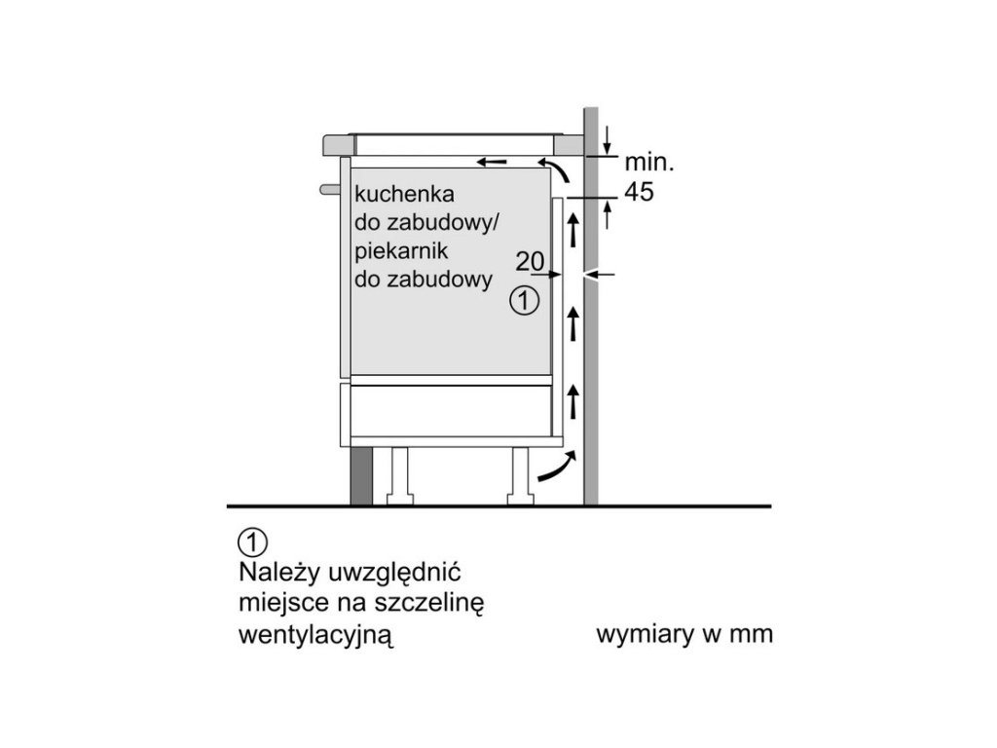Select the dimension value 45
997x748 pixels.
(x=639, y=192)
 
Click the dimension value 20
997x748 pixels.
(x=529, y=261)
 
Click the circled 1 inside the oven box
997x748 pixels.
(x=524, y=302)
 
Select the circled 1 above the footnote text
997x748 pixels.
(x=251, y=541)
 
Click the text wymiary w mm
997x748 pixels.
(x=683, y=635)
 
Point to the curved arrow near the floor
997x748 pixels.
(x=551, y=470)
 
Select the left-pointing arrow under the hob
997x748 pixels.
(x=492, y=161)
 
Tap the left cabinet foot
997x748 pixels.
(x=401, y=476)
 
